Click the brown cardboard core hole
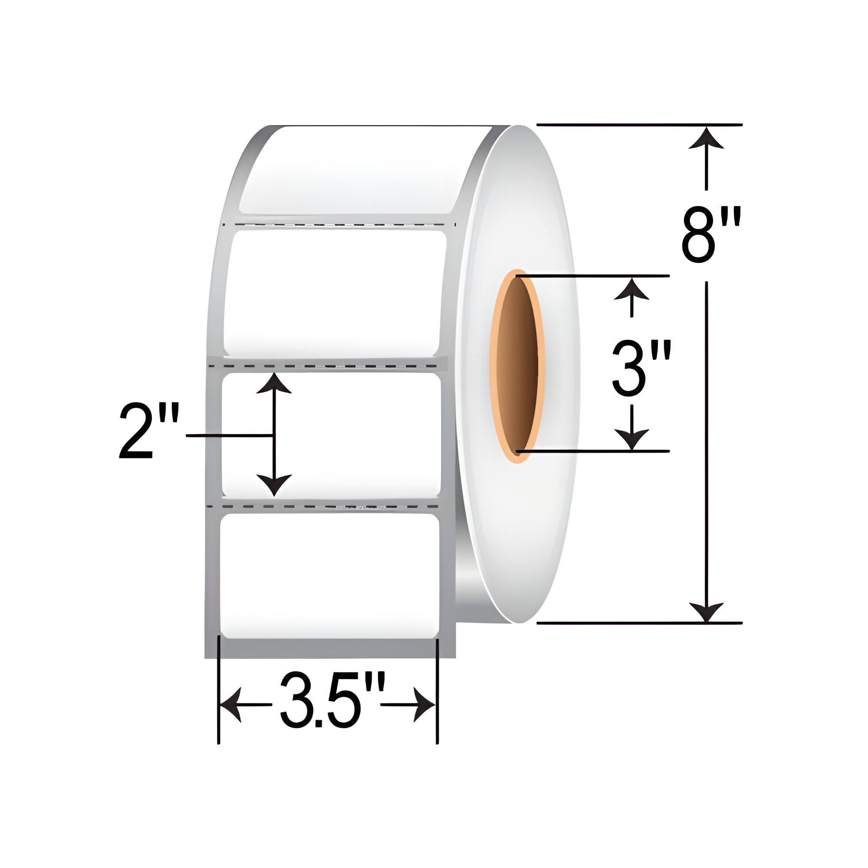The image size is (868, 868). pos(519,366)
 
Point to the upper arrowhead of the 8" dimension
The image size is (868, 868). pos(706,138)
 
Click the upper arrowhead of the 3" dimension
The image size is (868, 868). pos(631,289)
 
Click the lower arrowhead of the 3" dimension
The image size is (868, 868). pos(631,439)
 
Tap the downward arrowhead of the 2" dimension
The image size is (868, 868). pos(274,486)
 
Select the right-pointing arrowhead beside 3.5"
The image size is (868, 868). pos(424,704)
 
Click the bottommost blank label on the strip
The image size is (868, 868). pos(329,575)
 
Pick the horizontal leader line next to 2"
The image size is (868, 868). pos(229,435)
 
